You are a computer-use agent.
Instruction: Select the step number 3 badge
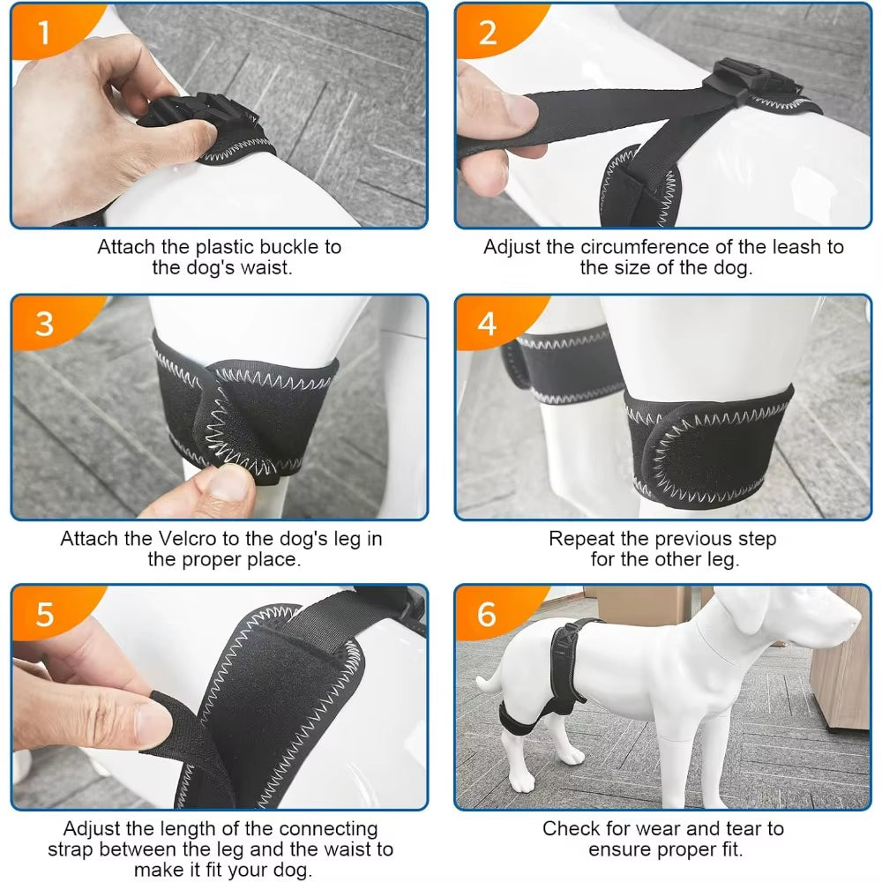click(x=44, y=324)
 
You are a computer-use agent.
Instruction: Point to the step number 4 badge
click(x=487, y=324)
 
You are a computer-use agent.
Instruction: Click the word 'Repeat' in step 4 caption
click(x=580, y=538)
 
